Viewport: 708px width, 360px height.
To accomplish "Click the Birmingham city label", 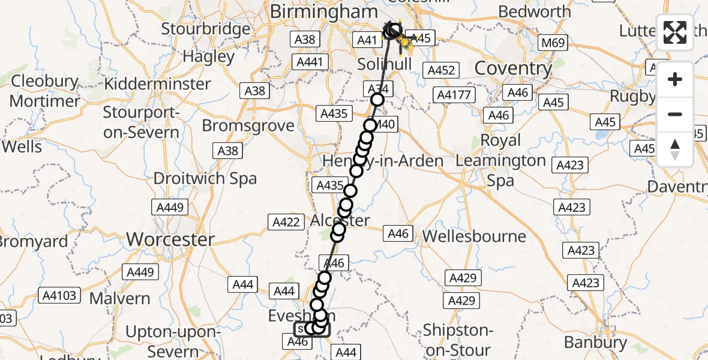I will point(324,11).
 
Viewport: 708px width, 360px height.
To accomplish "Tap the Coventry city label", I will point(513,68).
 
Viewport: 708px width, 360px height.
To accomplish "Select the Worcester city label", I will point(170,239).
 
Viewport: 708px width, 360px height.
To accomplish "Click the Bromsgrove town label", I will point(248,125).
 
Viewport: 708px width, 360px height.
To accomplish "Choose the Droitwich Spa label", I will point(205,178).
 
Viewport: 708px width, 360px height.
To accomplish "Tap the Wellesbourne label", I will point(474,236).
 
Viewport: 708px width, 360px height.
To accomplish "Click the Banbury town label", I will point(596,342).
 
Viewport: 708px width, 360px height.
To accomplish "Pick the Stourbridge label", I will point(206,29).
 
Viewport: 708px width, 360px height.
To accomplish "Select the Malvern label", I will point(120,298).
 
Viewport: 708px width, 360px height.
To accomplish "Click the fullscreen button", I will point(675,32).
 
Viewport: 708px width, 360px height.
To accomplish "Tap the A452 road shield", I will point(440,70).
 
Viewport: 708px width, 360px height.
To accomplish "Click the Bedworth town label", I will point(535,11).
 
